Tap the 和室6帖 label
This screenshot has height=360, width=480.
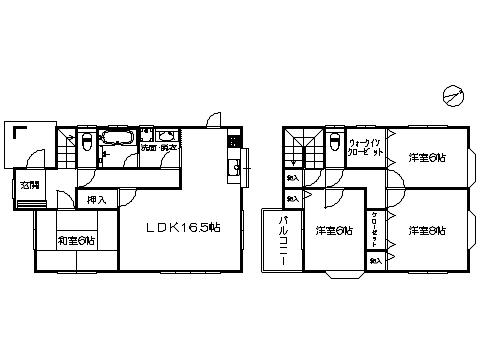pyautogui.click(x=76, y=240)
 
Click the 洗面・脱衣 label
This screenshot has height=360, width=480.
pyautogui.click(x=160, y=148)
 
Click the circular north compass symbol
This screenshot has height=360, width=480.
pyautogui.click(x=452, y=96)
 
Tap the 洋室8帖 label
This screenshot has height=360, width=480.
pyautogui.click(x=427, y=231)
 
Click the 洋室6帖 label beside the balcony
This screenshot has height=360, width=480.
pyautogui.click(x=333, y=231)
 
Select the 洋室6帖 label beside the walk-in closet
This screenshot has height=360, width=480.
pyautogui.click(x=427, y=158)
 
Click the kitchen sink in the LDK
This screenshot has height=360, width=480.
pyautogui.click(x=233, y=169)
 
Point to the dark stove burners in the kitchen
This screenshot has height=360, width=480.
pyautogui.click(x=234, y=141)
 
